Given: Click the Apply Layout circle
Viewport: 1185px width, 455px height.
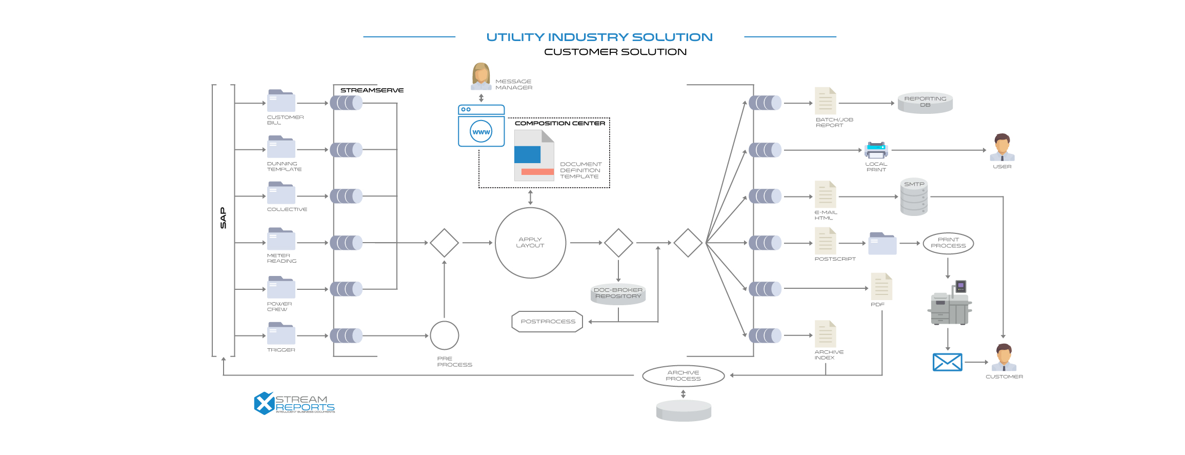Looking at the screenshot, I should [x=530, y=243].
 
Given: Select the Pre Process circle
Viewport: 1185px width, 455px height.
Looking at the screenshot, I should [x=444, y=335].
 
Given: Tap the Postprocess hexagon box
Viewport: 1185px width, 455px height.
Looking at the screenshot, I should [x=548, y=322].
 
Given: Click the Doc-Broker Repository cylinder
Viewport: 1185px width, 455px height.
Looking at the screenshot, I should [x=618, y=293].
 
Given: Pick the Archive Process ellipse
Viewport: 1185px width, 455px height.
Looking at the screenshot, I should [x=683, y=375].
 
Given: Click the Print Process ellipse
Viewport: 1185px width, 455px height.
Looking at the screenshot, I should [x=948, y=243].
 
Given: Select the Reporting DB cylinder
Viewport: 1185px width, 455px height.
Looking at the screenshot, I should [x=925, y=103].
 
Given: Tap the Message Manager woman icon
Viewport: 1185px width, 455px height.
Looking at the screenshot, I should [x=481, y=76].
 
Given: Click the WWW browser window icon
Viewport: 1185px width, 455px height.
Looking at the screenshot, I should [x=481, y=126].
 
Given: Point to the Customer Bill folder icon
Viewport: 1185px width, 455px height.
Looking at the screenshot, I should [x=281, y=101].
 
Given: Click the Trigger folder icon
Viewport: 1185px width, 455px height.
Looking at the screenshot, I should [x=281, y=333].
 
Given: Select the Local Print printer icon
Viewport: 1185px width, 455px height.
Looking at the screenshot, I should [x=876, y=150].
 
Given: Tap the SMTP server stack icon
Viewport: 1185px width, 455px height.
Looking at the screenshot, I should [x=914, y=197].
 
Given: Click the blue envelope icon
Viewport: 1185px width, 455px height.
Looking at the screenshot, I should [x=947, y=362].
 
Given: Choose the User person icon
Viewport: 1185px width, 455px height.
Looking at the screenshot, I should [x=1002, y=147].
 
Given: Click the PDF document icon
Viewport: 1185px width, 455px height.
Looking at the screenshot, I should [x=881, y=287].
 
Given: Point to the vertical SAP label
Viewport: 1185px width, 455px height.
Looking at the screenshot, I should [x=223, y=218].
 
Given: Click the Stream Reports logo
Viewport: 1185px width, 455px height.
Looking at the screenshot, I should [x=294, y=403].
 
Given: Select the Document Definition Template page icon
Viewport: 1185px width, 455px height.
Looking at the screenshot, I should [x=534, y=155].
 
